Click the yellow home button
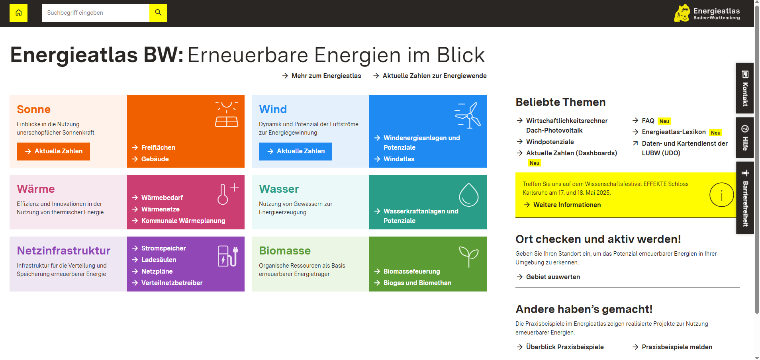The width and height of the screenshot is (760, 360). coord(18,13)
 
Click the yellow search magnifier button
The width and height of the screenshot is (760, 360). coord(158,13)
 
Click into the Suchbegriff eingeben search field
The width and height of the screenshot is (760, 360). coord(96,13)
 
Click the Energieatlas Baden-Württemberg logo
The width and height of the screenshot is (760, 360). coord(707,13)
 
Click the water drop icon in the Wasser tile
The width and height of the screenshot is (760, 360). coord(468,195)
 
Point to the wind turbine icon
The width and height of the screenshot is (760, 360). coord(468,115)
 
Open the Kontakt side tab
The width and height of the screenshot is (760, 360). coord(745,88)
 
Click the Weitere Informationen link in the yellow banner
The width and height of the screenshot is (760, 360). coord(562,205)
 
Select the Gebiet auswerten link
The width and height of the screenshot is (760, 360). coord(548,277)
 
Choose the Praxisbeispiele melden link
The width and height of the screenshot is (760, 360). coord(672,347)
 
